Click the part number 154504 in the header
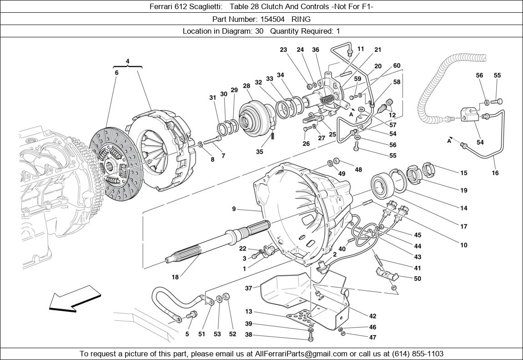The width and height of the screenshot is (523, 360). [x=273, y=19]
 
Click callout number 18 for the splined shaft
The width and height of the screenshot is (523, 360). [x=175, y=276]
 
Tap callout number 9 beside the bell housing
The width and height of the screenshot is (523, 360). [x=234, y=209]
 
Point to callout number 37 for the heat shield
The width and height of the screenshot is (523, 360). [x=248, y=288]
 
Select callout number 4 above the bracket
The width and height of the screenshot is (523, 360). [x=128, y=61]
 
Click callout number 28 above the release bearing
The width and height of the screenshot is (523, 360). [x=246, y=86]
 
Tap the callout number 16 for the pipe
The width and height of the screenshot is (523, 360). [x=495, y=173]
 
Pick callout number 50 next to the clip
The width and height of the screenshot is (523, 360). [x=417, y=279]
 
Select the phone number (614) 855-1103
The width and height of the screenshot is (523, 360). [x=415, y=354]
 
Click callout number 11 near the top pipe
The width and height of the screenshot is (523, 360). [x=361, y=49]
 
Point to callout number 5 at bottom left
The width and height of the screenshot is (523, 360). [x=187, y=334]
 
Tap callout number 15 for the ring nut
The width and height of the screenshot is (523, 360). [x=463, y=173]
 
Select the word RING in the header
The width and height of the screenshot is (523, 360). [x=301, y=19]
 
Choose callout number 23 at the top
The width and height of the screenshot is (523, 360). [x=283, y=50]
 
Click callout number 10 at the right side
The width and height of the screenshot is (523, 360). [x=463, y=245]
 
